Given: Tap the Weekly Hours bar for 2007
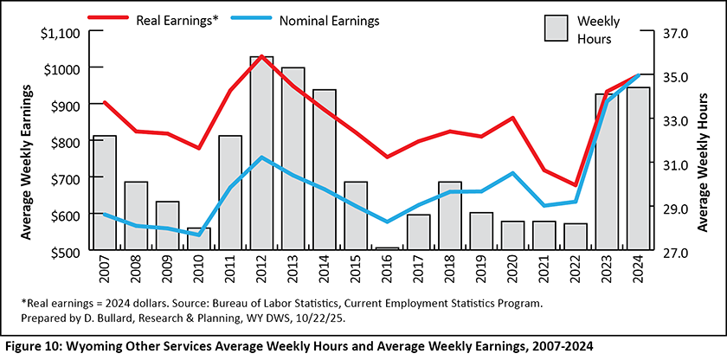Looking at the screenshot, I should (105, 193).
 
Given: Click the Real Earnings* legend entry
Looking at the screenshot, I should (168, 18).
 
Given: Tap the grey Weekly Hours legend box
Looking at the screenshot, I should (556, 27).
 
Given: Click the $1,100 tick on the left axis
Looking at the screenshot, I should (60, 33).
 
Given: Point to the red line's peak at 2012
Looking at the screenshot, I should (261, 56).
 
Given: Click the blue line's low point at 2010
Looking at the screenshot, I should (199, 235).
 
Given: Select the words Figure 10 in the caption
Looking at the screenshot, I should (35, 346).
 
